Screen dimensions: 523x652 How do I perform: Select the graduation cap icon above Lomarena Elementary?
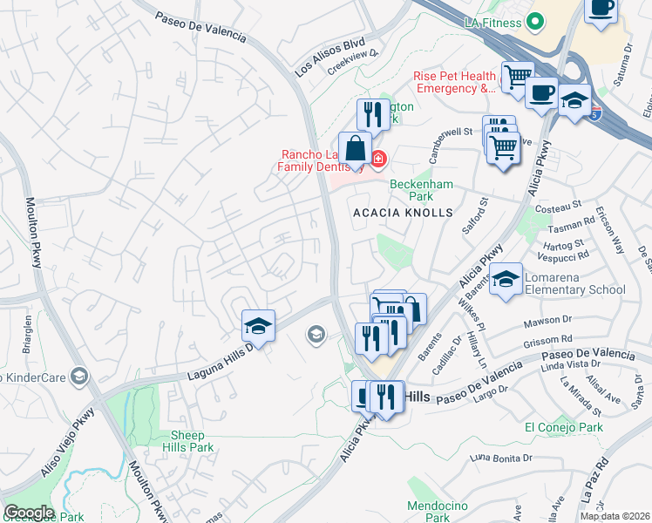point(505,280)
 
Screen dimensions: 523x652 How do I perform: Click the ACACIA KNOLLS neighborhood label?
point(403,213)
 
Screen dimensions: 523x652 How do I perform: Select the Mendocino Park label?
point(440,512)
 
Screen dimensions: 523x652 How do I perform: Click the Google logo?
point(28,512)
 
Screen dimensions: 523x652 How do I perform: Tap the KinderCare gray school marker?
point(79,376)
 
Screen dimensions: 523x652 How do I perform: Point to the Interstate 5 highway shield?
point(594,112)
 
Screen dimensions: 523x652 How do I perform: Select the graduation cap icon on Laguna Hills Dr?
point(258,326)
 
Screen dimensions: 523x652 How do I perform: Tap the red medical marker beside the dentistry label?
point(378,158)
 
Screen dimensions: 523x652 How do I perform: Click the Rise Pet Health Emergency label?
point(454,82)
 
